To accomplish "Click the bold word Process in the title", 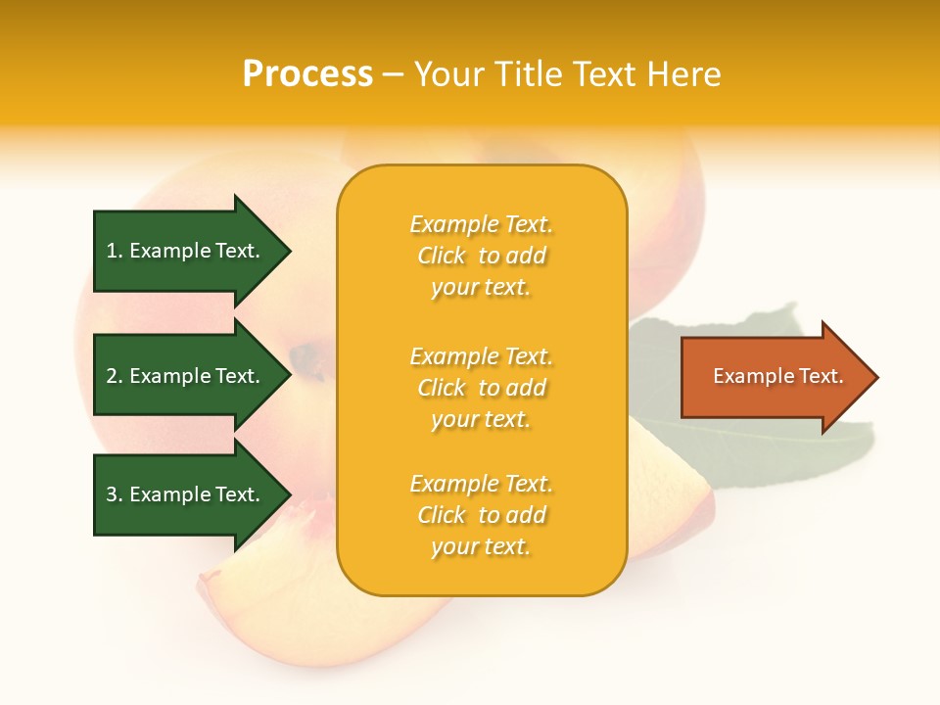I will coord(307,73).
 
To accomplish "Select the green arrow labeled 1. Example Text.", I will coord(186,251).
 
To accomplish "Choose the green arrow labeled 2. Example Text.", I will coord(186,376).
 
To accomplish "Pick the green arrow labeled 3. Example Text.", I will coord(186,494).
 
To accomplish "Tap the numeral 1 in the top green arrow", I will coord(112,251).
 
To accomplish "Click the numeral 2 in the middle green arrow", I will coord(112,376).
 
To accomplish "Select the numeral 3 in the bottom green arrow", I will coord(112,494).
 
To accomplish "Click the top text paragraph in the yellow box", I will coord(481,256).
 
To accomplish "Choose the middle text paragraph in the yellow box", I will coord(481,388).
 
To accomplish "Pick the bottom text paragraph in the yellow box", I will coord(481,515).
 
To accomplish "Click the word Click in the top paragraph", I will coord(442,256).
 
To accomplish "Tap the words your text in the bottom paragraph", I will coord(481,546).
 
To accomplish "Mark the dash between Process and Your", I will coord(393,75).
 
